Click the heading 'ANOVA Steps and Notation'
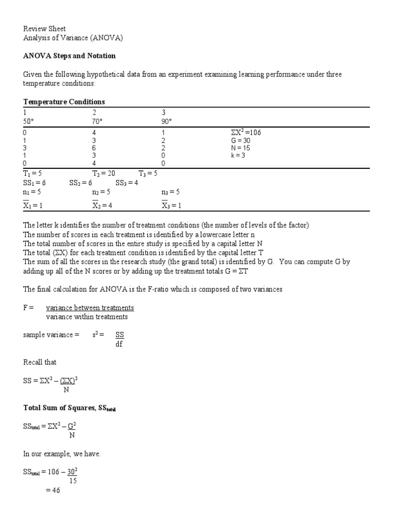pos(70,55)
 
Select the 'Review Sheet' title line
pos(45,29)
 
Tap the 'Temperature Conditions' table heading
pos(64,102)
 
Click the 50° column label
pos(28,121)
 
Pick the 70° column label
pos(97,121)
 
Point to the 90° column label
pos(166,121)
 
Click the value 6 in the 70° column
pos(94,148)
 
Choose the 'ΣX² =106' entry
pos(246,133)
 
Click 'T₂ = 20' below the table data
pos(104,173)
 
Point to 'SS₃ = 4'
pos(127,183)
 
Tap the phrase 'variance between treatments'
pos(90,308)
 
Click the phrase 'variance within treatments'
pos(87,316)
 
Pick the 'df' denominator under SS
pos(119,344)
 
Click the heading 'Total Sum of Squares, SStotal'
pos(73,408)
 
